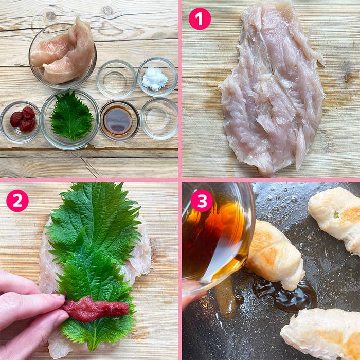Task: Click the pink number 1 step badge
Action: point(200,19)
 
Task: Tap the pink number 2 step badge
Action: point(17,201)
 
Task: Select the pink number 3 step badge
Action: point(202,201)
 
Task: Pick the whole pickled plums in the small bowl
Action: point(23,119)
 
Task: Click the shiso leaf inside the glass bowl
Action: point(71,116)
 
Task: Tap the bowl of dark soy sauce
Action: point(120,120)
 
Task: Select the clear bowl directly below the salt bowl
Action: point(159,119)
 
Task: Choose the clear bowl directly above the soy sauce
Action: point(116,79)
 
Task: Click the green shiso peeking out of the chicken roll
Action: point(336,214)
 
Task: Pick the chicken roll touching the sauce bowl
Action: point(274,255)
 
